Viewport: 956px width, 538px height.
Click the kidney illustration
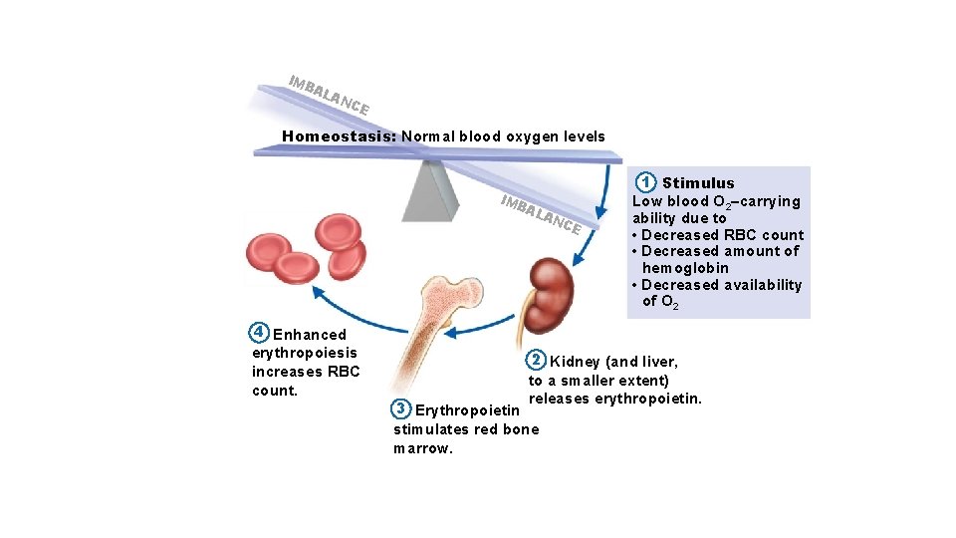[x=551, y=295]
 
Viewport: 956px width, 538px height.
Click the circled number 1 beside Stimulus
[x=647, y=182]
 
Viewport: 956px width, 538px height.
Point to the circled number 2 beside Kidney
[x=536, y=361]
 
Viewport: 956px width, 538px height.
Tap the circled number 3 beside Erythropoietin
[x=400, y=409]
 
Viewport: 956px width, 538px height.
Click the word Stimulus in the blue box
[x=698, y=183]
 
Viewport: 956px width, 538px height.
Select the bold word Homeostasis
[x=339, y=136]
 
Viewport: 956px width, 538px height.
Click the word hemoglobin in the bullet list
[x=685, y=268]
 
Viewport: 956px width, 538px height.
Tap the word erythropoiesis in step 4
[x=305, y=353]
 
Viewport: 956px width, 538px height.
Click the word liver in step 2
[x=658, y=362]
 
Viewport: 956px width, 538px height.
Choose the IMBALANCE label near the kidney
[x=541, y=214]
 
